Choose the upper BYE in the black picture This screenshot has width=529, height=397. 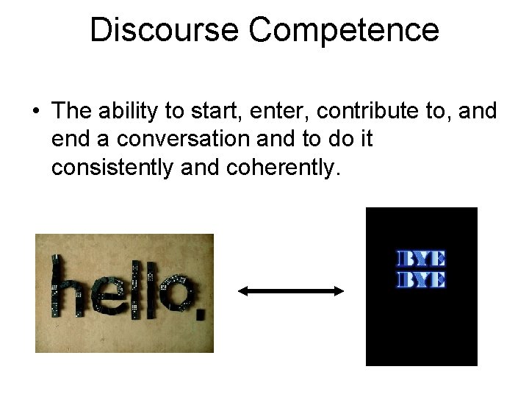(x=421, y=260)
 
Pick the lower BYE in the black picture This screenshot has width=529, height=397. (x=421, y=279)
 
